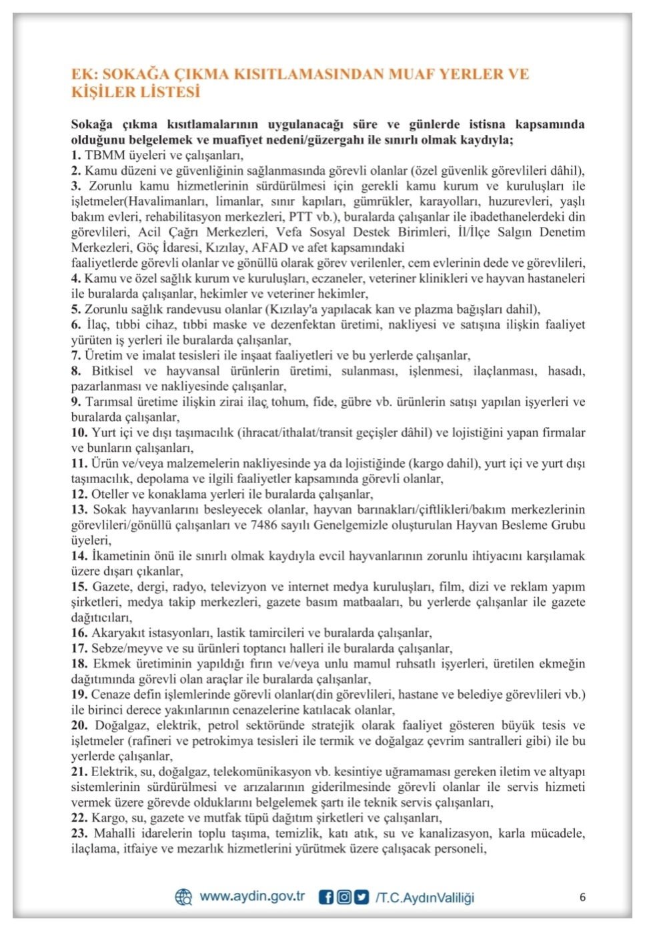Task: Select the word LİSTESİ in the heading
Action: (x=169, y=92)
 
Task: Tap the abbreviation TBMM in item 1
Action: (x=105, y=156)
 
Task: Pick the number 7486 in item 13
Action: (x=265, y=525)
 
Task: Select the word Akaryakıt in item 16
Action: (x=117, y=633)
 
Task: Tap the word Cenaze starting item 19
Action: (x=111, y=695)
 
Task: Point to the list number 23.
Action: (x=79, y=834)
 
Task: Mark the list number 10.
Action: (x=79, y=432)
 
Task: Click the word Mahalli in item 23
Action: (x=115, y=834)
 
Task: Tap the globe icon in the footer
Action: (x=183, y=897)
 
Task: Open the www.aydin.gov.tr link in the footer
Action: (x=252, y=896)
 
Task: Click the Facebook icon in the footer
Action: (x=326, y=897)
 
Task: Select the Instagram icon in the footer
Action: (x=344, y=897)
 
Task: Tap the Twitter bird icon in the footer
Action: (x=361, y=897)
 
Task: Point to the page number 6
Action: (x=582, y=897)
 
